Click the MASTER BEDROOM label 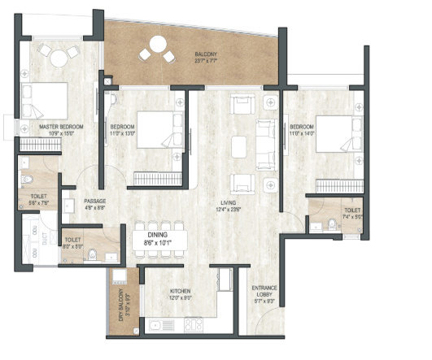pos(58,126)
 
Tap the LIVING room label pos(239,202)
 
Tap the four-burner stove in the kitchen pos(194,325)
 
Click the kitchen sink pos(155,326)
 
